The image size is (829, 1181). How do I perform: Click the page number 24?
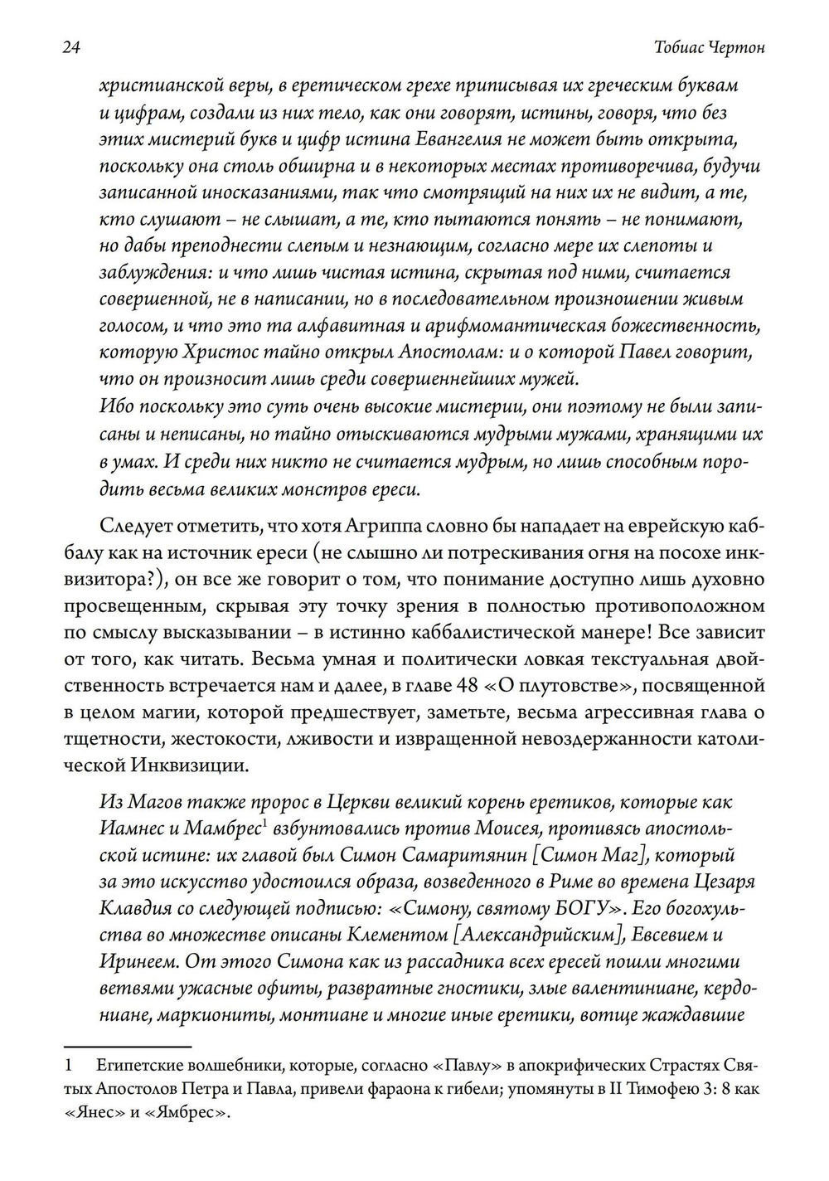[x=70, y=49]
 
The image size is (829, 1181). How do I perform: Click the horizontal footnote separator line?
[x=128, y=1047]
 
